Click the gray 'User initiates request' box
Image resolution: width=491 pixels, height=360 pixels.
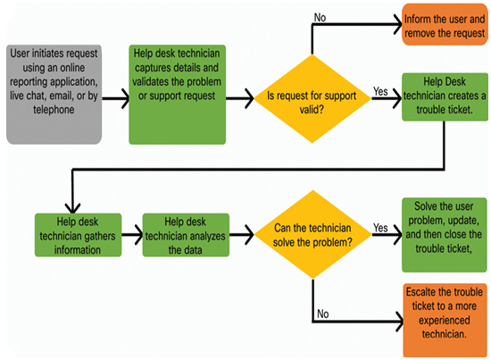coord(54,95)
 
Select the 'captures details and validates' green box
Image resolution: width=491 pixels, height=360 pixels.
coord(178,95)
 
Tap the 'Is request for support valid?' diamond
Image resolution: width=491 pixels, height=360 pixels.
coord(312,98)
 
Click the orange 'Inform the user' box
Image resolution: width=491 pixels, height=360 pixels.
coord(445,24)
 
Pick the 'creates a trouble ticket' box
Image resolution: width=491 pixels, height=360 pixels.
coord(445,96)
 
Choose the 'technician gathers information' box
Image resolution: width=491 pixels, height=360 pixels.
coord(78,235)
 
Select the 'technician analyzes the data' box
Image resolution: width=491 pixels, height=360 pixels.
coord(186,235)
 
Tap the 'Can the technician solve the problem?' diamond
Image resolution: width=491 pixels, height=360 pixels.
coord(312,234)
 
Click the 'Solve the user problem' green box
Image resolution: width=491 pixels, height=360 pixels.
coord(445,235)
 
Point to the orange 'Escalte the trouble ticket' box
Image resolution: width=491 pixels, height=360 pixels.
coord(445,320)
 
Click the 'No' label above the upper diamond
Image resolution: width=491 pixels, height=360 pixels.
coord(320,18)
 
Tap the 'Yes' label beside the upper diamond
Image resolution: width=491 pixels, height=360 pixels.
coord(380,91)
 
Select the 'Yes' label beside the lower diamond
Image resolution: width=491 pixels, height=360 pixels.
coord(380,228)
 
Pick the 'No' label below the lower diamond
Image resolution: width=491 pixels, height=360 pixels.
coord(323,314)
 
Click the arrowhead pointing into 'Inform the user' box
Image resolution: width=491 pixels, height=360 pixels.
coord(398,24)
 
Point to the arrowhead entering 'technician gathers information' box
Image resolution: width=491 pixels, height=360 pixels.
coord(72,208)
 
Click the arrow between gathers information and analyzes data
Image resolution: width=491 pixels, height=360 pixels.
coord(132,235)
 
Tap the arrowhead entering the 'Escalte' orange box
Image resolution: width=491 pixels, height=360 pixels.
coord(400,322)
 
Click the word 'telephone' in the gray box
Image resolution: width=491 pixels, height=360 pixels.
coord(54,110)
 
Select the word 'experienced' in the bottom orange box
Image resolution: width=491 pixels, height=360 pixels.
coord(445,320)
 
